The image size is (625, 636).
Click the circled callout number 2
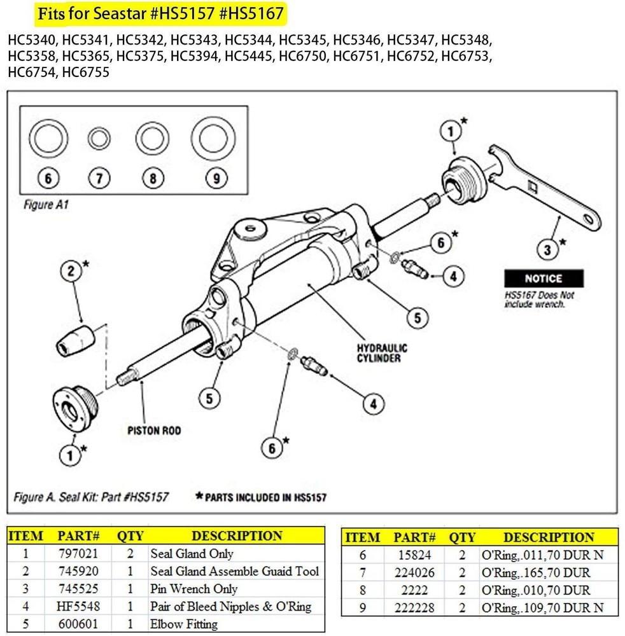71,272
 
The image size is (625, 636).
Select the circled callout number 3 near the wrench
547,250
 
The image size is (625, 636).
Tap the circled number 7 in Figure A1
99,179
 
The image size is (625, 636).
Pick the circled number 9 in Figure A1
216,179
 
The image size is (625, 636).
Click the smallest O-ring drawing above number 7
99,138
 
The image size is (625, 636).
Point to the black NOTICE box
543,279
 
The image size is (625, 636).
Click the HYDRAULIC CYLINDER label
383,353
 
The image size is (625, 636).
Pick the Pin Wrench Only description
193,589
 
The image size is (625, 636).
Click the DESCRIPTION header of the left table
237,536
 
